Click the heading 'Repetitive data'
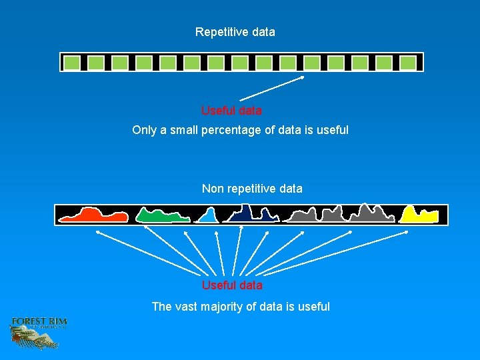(x=235, y=32)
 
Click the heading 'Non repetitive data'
(x=252, y=189)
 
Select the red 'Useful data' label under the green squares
(x=231, y=110)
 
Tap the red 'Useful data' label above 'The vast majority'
(x=232, y=285)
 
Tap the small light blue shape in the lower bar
(x=209, y=216)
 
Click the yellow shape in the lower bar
(x=419, y=215)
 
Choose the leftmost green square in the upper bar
(x=72, y=63)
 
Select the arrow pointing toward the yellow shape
(x=333, y=253)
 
